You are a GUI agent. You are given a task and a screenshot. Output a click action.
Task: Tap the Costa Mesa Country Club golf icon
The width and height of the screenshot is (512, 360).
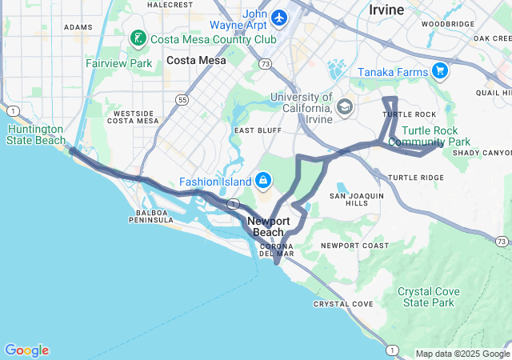click(x=138, y=38)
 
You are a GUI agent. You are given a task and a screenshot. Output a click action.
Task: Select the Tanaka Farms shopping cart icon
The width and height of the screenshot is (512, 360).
click(x=439, y=71)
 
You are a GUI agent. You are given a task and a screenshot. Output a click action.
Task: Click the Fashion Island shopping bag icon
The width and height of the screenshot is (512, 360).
click(x=262, y=181)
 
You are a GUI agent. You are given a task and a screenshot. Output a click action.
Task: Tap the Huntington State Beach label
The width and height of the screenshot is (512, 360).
click(x=36, y=134)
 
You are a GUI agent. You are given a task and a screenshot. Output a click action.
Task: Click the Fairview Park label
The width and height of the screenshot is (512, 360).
click(x=118, y=62)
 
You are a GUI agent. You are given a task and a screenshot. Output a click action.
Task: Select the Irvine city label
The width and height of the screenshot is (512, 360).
click(x=386, y=10)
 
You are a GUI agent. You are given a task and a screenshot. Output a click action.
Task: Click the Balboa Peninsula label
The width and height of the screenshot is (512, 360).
click(x=150, y=215)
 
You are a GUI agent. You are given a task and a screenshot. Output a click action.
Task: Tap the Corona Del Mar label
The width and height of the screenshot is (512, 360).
click(x=277, y=249)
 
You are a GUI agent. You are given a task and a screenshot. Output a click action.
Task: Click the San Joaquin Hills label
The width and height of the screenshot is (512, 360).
click(x=358, y=199)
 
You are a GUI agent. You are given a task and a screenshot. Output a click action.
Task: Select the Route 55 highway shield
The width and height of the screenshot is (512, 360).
click(x=183, y=100)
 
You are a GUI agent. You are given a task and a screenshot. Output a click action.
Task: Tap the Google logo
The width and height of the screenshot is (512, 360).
click(x=26, y=350)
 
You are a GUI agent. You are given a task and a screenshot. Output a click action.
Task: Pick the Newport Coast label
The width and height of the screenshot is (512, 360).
click(x=354, y=245)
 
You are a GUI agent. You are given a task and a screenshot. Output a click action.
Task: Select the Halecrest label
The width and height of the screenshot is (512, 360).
click(x=170, y=5)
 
